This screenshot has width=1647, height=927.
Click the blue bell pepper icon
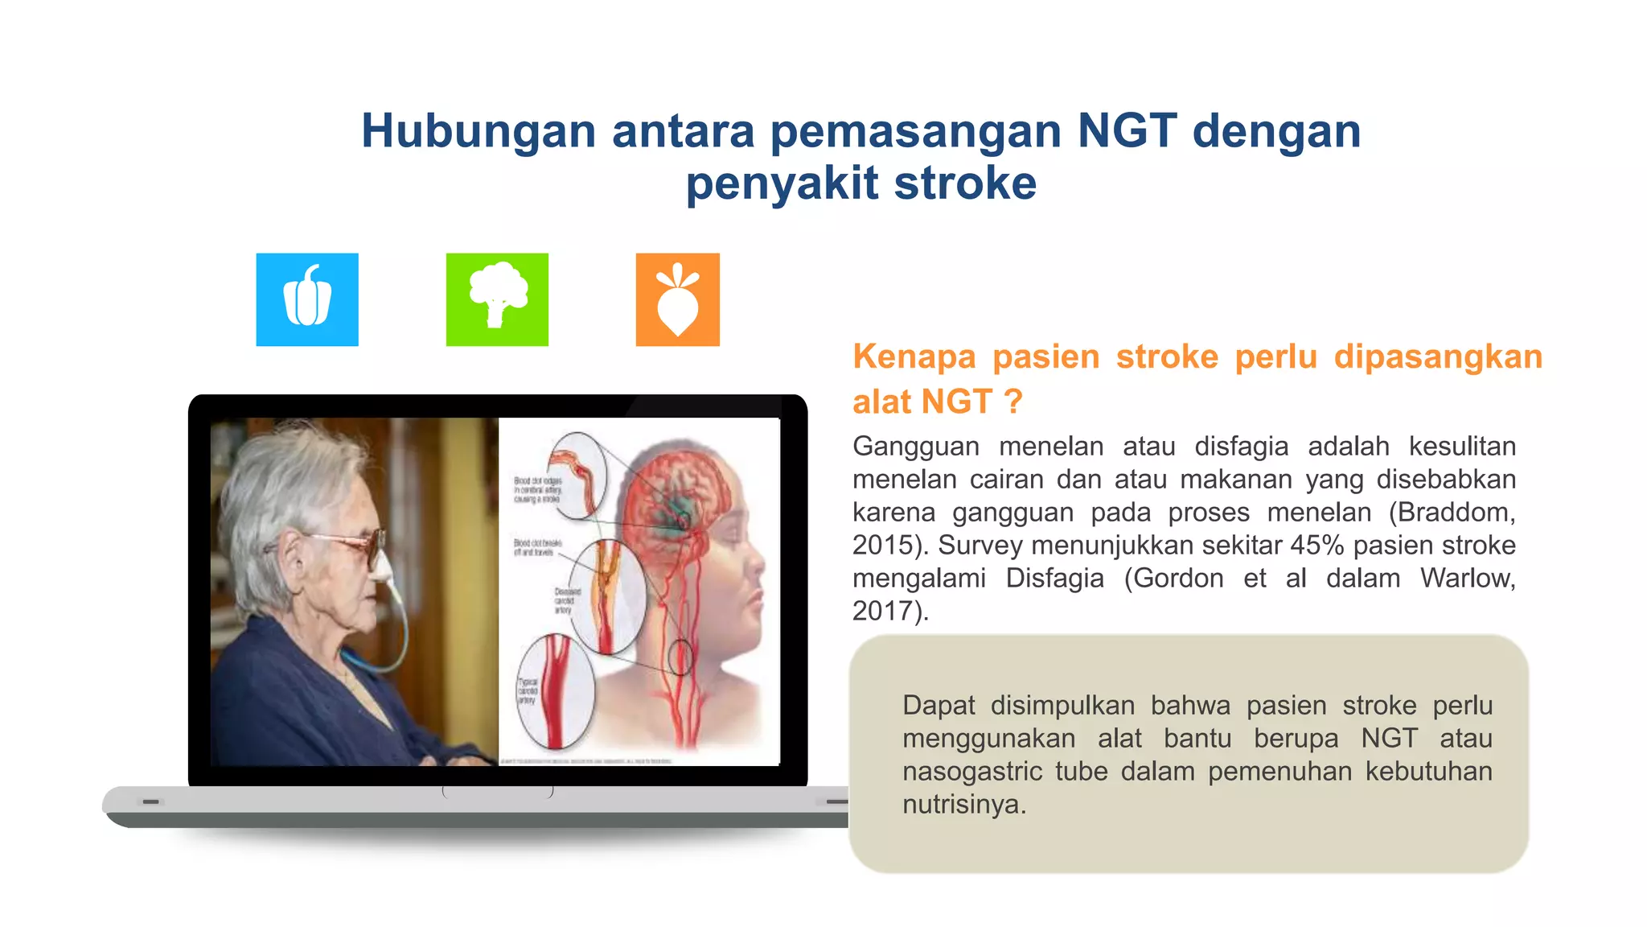tap(307, 299)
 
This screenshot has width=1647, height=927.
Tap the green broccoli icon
tap(497, 299)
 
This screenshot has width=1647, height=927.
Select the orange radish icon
tap(678, 299)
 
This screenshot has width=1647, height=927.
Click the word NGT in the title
tap(1127, 130)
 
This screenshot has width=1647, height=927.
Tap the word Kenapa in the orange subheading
tap(914, 356)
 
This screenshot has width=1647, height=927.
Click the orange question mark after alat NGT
tap(1013, 402)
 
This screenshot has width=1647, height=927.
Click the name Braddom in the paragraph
tap(1451, 513)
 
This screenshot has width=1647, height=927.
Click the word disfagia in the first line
tap(1241, 447)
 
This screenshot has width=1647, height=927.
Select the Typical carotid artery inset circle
tap(554, 691)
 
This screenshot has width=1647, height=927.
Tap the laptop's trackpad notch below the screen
tap(498, 793)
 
